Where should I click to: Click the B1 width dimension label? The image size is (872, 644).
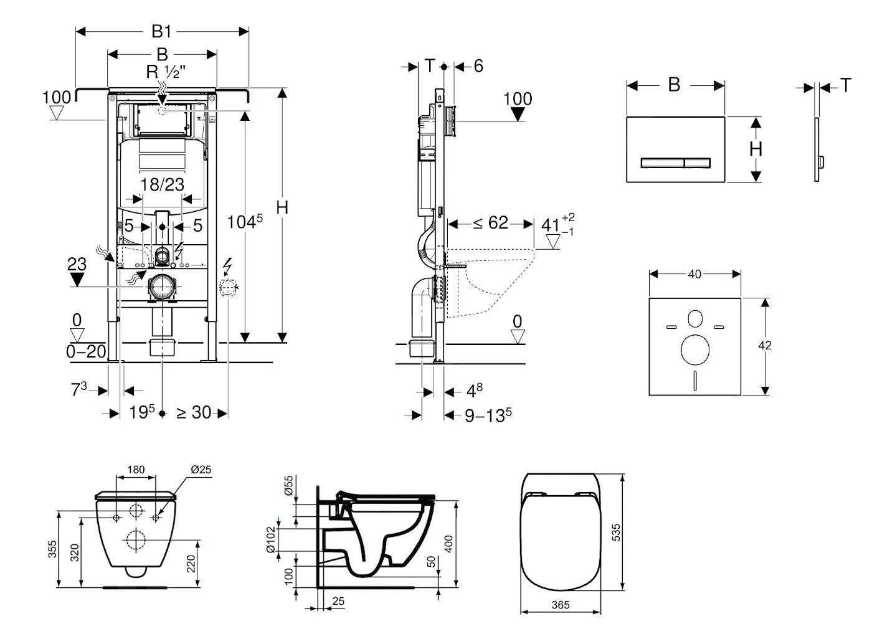point(162,31)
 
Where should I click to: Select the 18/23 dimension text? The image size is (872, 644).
point(162,184)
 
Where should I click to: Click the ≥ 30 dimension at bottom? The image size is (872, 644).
point(193,412)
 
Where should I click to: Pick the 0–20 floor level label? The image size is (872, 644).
point(86,351)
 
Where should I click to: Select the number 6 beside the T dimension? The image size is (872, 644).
point(478,66)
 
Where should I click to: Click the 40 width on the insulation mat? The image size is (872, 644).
point(694,274)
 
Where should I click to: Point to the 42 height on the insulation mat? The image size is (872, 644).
point(765,346)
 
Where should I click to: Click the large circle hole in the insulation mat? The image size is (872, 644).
point(695,349)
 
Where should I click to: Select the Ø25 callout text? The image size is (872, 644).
point(200,469)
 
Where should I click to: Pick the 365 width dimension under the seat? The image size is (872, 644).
point(561,605)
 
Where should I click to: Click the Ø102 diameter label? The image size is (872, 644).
point(270,539)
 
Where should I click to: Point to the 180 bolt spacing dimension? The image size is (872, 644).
point(136,470)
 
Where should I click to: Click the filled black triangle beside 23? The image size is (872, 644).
point(77,280)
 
